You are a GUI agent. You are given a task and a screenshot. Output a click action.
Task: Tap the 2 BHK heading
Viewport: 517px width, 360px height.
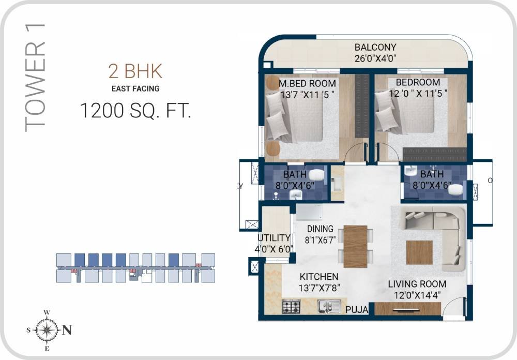click(135, 71)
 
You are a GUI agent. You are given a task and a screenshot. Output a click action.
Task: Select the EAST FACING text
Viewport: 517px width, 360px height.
click(135, 88)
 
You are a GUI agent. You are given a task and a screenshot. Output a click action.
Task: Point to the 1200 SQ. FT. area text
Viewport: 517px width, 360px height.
click(135, 111)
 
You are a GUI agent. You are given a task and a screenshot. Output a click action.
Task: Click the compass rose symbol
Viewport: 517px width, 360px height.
click(47, 329)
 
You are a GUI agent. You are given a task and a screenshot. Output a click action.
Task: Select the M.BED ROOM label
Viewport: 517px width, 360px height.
click(307, 83)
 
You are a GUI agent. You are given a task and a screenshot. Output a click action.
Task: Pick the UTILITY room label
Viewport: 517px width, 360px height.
click(274, 238)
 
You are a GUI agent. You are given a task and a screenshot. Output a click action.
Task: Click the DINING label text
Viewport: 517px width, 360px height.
click(320, 229)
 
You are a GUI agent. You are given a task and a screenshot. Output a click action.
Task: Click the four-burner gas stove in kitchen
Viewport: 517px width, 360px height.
click(291, 306)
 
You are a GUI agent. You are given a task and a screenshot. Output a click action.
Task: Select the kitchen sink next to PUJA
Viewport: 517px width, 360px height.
click(328, 306)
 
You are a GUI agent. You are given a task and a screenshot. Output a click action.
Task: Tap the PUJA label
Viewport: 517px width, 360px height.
click(357, 310)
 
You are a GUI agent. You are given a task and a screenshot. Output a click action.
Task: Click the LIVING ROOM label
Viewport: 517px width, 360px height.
click(417, 284)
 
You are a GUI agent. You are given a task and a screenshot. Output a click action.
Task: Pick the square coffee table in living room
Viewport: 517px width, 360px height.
click(419, 252)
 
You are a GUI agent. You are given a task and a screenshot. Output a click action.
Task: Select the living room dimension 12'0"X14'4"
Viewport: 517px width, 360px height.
click(417, 295)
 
